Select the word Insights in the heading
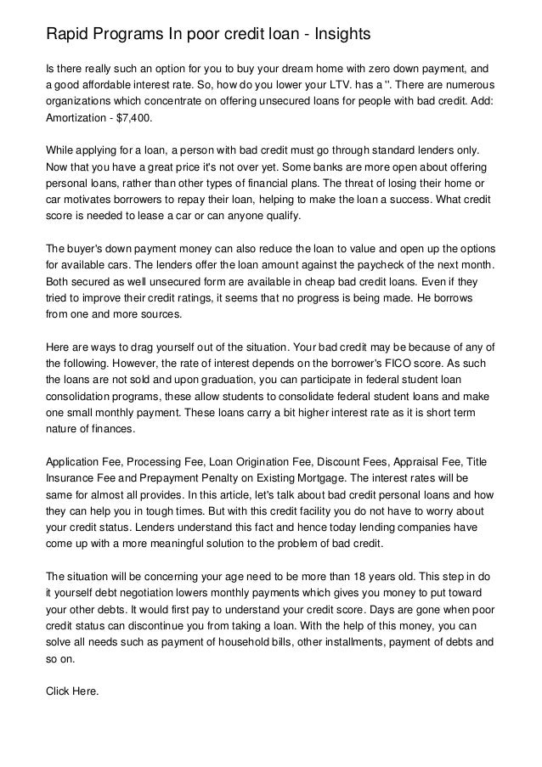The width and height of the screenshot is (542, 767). tap(338, 35)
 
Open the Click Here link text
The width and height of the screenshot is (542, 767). tap(72, 691)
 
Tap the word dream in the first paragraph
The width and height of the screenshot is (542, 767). tap(318, 68)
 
